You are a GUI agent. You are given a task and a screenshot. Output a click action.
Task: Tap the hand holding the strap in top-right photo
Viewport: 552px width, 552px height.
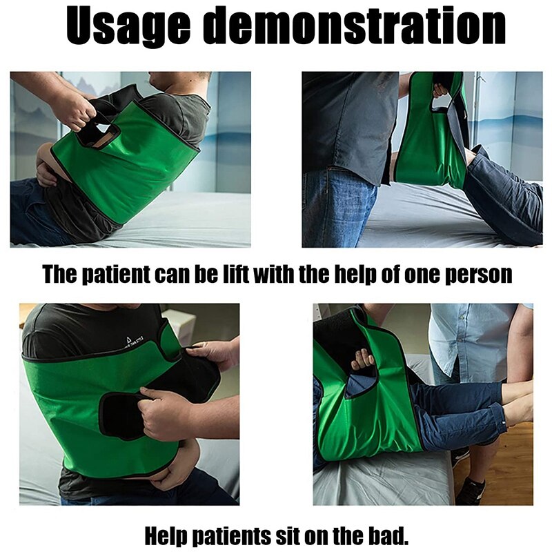click(438, 90)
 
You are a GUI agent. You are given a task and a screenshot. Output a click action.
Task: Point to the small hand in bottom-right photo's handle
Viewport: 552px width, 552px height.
click(362, 360)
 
